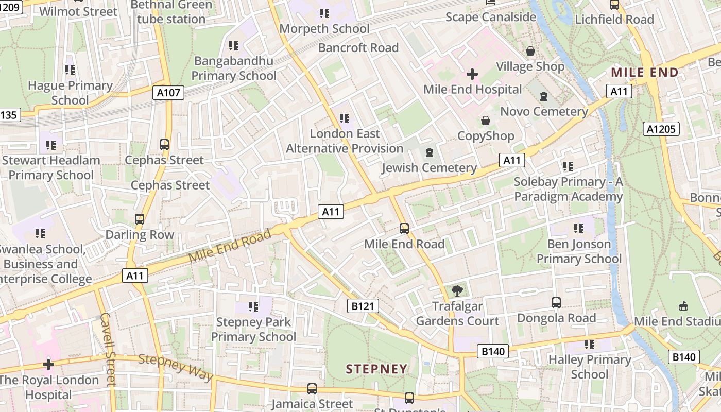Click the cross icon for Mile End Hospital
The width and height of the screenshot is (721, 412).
point(472,74)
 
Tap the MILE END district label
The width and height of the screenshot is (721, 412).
point(644,73)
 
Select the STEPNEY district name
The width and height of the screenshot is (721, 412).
point(376,369)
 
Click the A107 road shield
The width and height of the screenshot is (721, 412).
point(168,93)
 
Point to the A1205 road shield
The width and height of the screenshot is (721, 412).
point(661,128)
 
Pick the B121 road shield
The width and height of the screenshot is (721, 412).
point(363,306)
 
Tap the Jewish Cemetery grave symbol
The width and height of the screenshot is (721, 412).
point(430,153)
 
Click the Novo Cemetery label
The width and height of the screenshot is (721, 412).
point(544,111)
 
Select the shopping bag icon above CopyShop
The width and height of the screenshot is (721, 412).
point(485,121)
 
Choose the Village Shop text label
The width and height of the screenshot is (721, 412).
point(530,66)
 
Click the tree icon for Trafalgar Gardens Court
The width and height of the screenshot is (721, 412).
point(457,291)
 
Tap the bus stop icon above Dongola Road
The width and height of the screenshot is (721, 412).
point(556,303)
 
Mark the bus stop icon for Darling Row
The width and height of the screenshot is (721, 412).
point(140,219)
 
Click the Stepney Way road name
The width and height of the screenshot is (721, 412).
point(176,367)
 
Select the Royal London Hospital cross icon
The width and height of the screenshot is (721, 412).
point(48,365)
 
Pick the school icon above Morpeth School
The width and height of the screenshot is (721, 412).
point(324,13)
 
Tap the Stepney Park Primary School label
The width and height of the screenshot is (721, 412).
point(253,330)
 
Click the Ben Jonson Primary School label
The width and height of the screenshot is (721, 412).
point(579,251)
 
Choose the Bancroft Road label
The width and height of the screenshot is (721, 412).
point(358,48)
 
